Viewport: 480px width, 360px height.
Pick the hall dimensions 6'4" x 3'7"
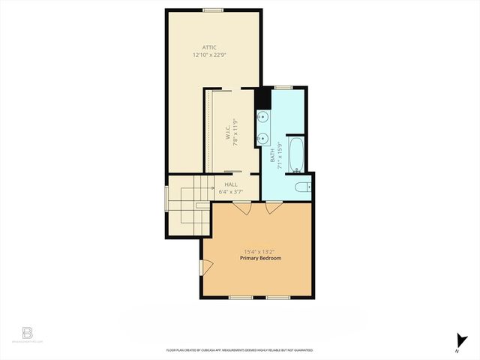click(230, 191)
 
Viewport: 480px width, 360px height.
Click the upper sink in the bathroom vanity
click(264, 118)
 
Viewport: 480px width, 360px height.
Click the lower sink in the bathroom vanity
click(264, 138)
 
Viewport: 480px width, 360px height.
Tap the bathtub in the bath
click(295, 154)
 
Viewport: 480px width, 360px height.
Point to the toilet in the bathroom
click(301, 187)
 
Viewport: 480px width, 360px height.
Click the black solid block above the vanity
click(262, 98)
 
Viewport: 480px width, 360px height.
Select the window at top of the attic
click(213, 10)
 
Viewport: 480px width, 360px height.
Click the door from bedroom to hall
click(242, 208)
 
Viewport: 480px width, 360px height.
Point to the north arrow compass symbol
click(460, 340)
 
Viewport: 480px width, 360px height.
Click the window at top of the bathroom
click(288, 87)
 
